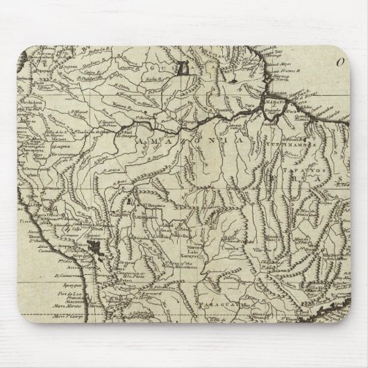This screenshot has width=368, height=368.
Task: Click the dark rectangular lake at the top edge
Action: point(183,67)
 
